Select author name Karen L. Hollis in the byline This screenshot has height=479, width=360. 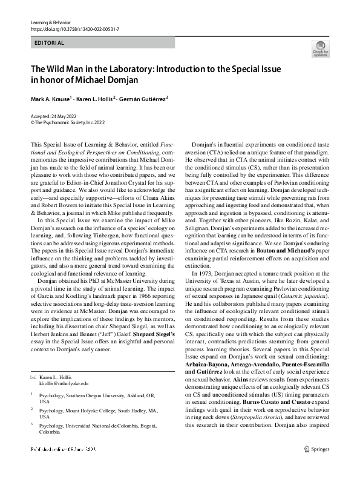pyautogui.click(x=97, y=98)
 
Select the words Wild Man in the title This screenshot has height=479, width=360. pyautogui.click(x=64, y=69)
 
